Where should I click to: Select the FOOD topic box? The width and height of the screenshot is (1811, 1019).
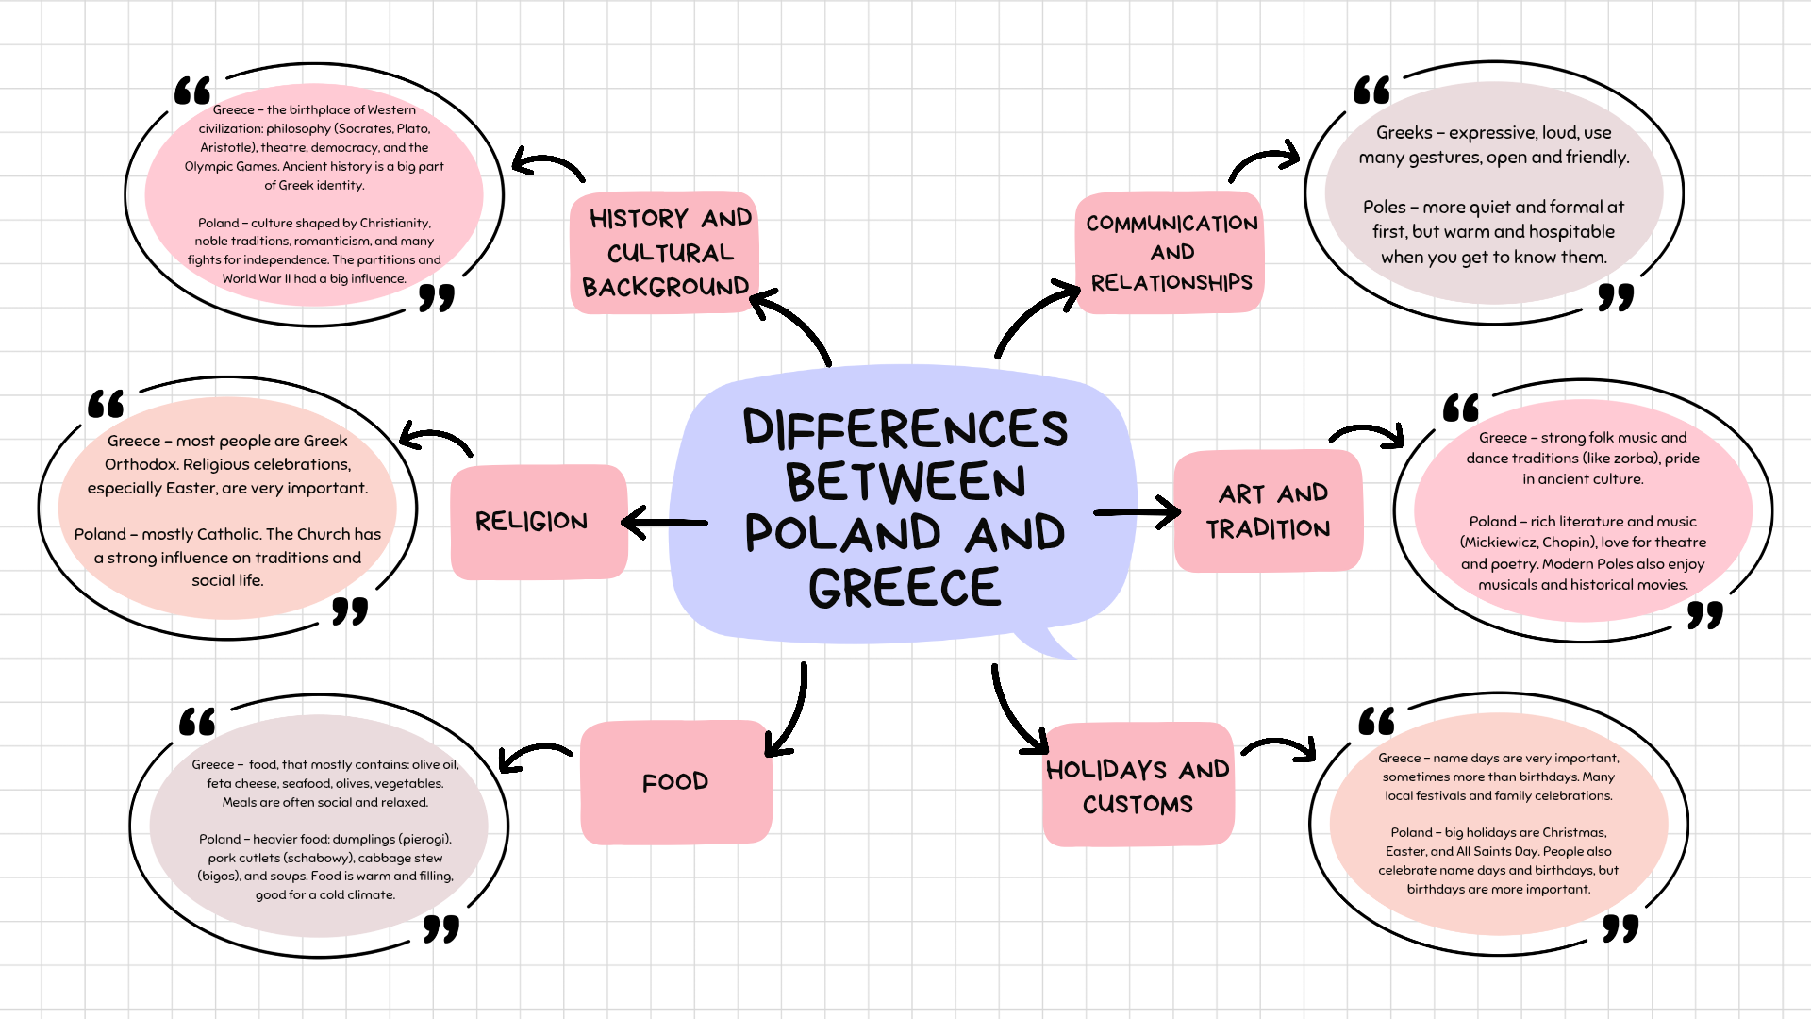click(x=675, y=781)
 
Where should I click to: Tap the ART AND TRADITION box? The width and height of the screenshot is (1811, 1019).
click(x=1268, y=510)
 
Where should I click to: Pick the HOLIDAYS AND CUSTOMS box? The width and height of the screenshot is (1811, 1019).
click(x=1138, y=785)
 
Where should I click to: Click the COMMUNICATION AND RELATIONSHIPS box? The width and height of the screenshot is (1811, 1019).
click(x=1171, y=252)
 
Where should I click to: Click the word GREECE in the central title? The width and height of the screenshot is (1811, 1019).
click(x=904, y=588)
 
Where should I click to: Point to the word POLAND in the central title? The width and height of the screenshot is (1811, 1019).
click(x=842, y=533)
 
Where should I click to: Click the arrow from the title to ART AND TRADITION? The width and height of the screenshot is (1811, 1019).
click(x=1137, y=512)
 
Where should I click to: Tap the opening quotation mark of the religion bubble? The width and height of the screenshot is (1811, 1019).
click(x=107, y=404)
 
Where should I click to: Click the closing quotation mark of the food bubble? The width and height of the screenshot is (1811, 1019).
click(x=440, y=928)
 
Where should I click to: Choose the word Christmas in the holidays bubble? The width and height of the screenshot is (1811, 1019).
click(x=1574, y=832)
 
